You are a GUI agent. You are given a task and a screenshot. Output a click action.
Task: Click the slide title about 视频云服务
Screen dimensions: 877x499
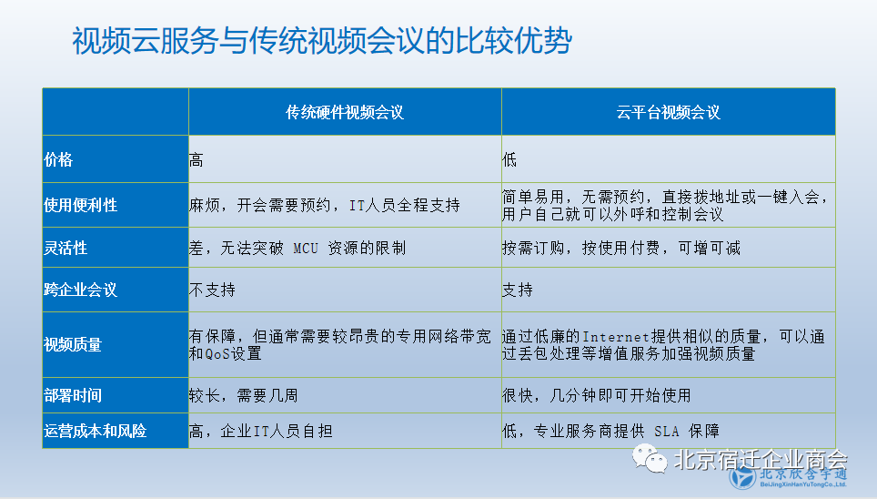[322, 41]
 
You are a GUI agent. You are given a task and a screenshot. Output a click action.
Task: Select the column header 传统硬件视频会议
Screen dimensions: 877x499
[345, 113]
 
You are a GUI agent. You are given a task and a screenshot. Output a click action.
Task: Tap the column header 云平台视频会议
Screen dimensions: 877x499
[668, 113]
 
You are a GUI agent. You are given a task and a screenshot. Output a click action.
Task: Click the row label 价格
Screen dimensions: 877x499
[58, 159]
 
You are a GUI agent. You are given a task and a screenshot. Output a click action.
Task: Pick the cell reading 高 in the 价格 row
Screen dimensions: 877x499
[196, 160]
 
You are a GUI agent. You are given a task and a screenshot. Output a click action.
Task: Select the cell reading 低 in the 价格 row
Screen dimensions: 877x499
[509, 160]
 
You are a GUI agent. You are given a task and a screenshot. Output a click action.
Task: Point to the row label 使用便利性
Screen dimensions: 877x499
[81, 205]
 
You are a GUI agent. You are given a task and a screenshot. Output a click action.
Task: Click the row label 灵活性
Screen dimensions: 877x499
[66, 248]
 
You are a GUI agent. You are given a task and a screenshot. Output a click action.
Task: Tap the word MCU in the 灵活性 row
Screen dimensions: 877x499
[306, 248]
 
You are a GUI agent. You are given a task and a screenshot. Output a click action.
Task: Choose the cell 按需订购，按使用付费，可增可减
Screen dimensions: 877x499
[620, 248]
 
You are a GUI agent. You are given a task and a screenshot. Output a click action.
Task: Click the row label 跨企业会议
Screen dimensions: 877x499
[81, 290]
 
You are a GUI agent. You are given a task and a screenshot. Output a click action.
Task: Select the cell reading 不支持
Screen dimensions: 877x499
[212, 290]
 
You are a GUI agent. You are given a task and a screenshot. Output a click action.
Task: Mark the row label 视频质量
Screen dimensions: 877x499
[73, 344]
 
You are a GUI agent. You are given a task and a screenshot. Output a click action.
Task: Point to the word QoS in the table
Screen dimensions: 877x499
[217, 354]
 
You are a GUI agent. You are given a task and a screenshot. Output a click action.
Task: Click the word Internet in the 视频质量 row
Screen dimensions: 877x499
[616, 337]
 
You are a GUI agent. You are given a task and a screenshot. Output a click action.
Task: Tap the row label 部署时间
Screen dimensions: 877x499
[73, 395]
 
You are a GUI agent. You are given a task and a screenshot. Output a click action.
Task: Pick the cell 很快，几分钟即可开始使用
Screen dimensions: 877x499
[596, 395]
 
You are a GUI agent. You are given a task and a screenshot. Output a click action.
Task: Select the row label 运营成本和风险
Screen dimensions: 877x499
[96, 431]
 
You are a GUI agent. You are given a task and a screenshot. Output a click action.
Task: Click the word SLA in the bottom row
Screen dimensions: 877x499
[666, 432]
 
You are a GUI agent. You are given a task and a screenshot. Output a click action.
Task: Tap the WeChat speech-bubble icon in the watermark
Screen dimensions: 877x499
[650, 459]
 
